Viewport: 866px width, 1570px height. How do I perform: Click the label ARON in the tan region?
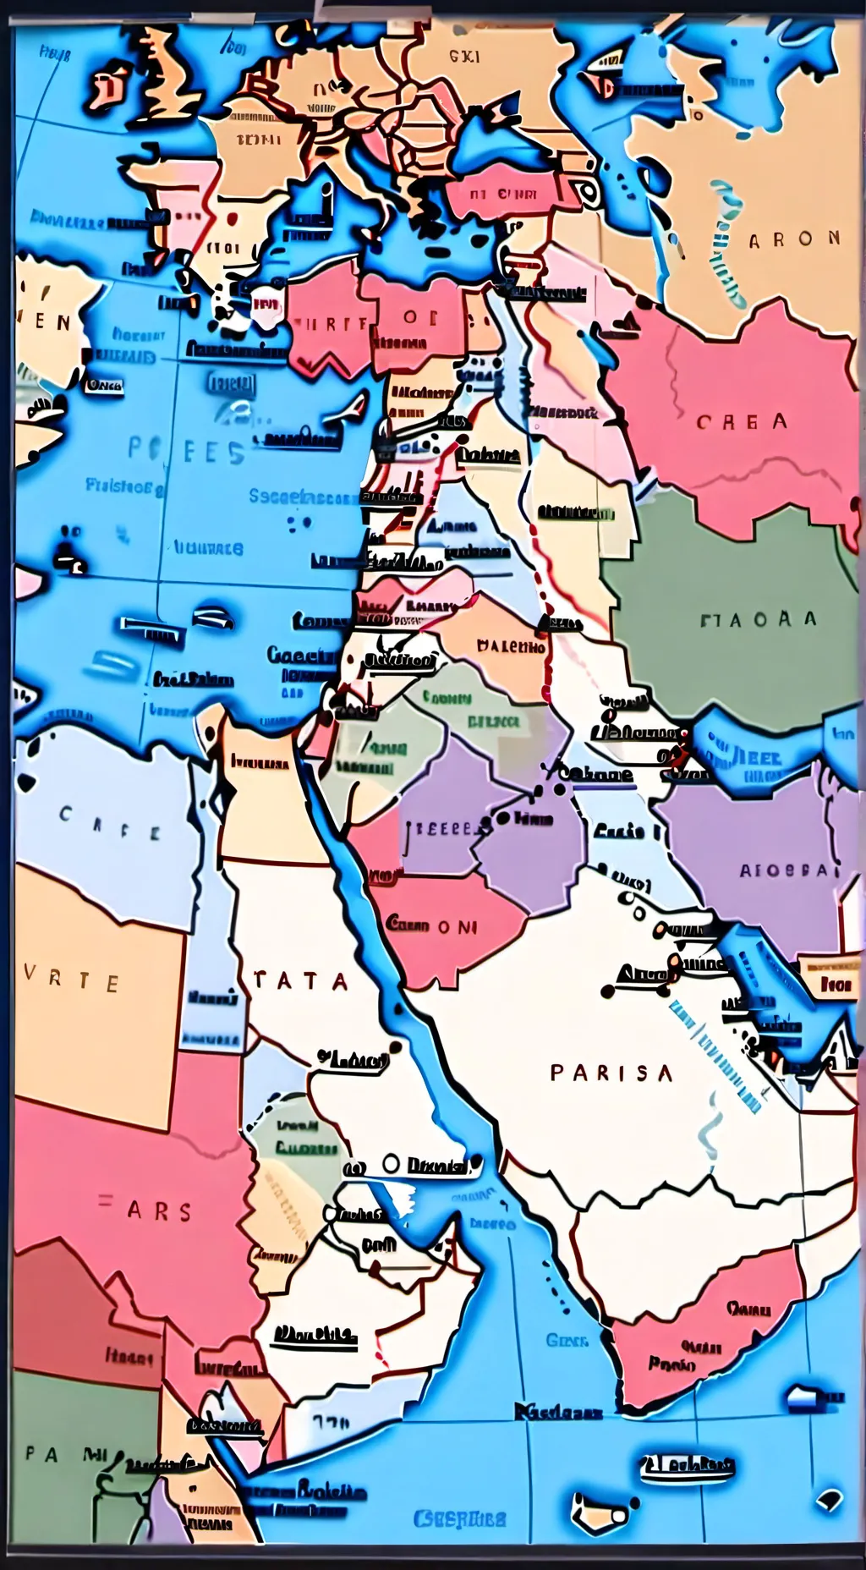pos(794,239)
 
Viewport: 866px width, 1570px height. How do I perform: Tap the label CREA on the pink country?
pos(742,421)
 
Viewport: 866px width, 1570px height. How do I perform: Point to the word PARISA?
pos(611,1073)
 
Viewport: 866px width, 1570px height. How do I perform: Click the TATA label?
pos(300,981)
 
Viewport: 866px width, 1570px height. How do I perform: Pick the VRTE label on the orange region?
pos(71,982)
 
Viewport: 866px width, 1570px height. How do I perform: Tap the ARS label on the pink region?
pos(149,1211)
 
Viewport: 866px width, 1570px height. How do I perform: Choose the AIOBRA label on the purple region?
pos(786,870)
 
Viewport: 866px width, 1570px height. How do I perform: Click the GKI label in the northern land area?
pos(463,57)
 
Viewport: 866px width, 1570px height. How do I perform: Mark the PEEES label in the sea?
pos(186,450)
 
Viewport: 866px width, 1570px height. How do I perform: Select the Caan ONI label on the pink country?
pos(431,925)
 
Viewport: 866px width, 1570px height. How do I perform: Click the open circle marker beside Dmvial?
pos(390,1164)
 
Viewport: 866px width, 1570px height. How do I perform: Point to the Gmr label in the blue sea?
pos(565,1340)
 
